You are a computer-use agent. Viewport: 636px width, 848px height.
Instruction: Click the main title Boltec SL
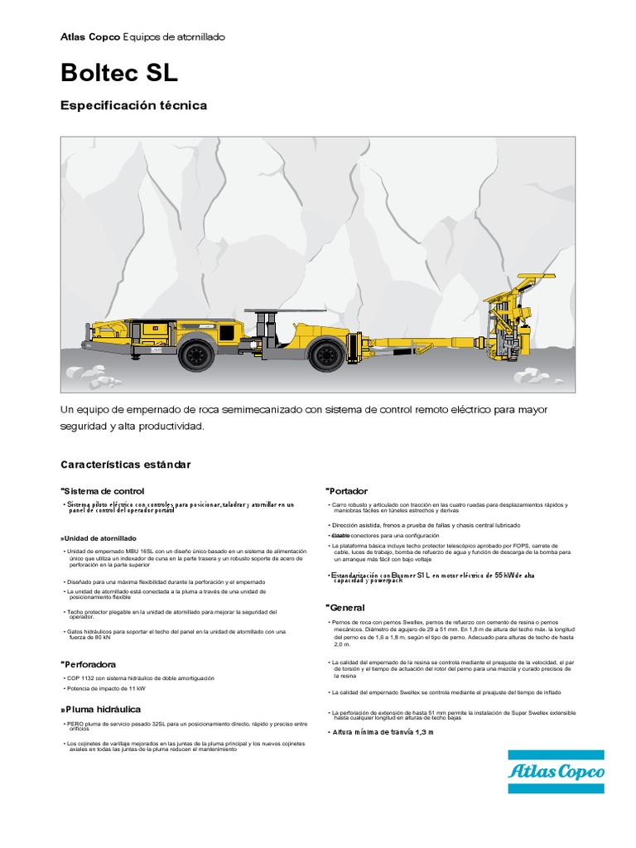[x=119, y=73]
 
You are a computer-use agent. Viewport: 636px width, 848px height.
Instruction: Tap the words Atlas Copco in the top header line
[x=90, y=37]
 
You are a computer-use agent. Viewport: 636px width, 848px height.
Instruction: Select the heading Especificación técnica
[x=133, y=106]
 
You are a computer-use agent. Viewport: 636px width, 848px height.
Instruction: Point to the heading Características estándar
[x=126, y=465]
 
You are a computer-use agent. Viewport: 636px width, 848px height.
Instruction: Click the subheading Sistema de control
[x=104, y=491]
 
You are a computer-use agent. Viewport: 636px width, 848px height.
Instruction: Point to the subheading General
[x=347, y=608]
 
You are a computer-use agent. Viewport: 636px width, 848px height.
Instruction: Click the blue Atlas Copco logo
[x=556, y=772]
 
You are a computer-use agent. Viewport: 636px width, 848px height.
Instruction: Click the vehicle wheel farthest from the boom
[x=197, y=355]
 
